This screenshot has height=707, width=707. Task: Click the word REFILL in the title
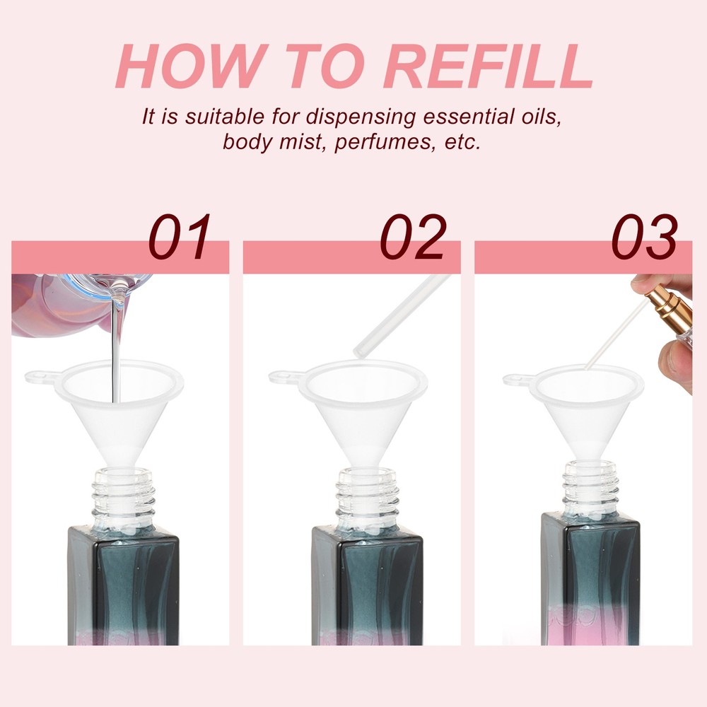(487, 66)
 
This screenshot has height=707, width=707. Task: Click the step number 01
(180, 237)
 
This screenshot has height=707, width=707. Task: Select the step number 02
(413, 237)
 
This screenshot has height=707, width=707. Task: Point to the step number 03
(644, 237)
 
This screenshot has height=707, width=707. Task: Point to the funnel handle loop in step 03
(518, 380)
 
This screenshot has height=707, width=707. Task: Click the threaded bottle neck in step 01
(123, 496)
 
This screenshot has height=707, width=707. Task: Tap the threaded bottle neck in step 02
(368, 496)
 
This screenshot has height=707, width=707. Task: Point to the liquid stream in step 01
(117, 343)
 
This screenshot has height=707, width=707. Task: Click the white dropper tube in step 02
(401, 315)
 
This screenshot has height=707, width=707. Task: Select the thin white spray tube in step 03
(617, 334)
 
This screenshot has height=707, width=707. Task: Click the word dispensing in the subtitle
(361, 117)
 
